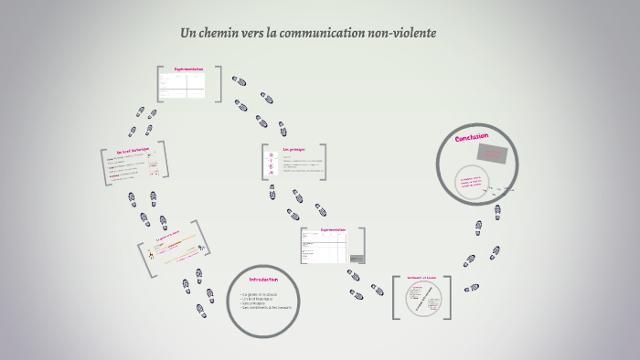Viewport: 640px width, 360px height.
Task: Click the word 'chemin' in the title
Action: [226, 34]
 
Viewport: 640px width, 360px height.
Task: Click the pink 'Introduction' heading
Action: [263, 280]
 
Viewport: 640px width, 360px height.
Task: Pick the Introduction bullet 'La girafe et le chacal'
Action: [261, 293]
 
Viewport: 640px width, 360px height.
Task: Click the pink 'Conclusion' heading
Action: [472, 137]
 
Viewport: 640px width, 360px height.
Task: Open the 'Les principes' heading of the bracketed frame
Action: [293, 149]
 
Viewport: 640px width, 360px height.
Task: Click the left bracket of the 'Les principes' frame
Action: [264, 163]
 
